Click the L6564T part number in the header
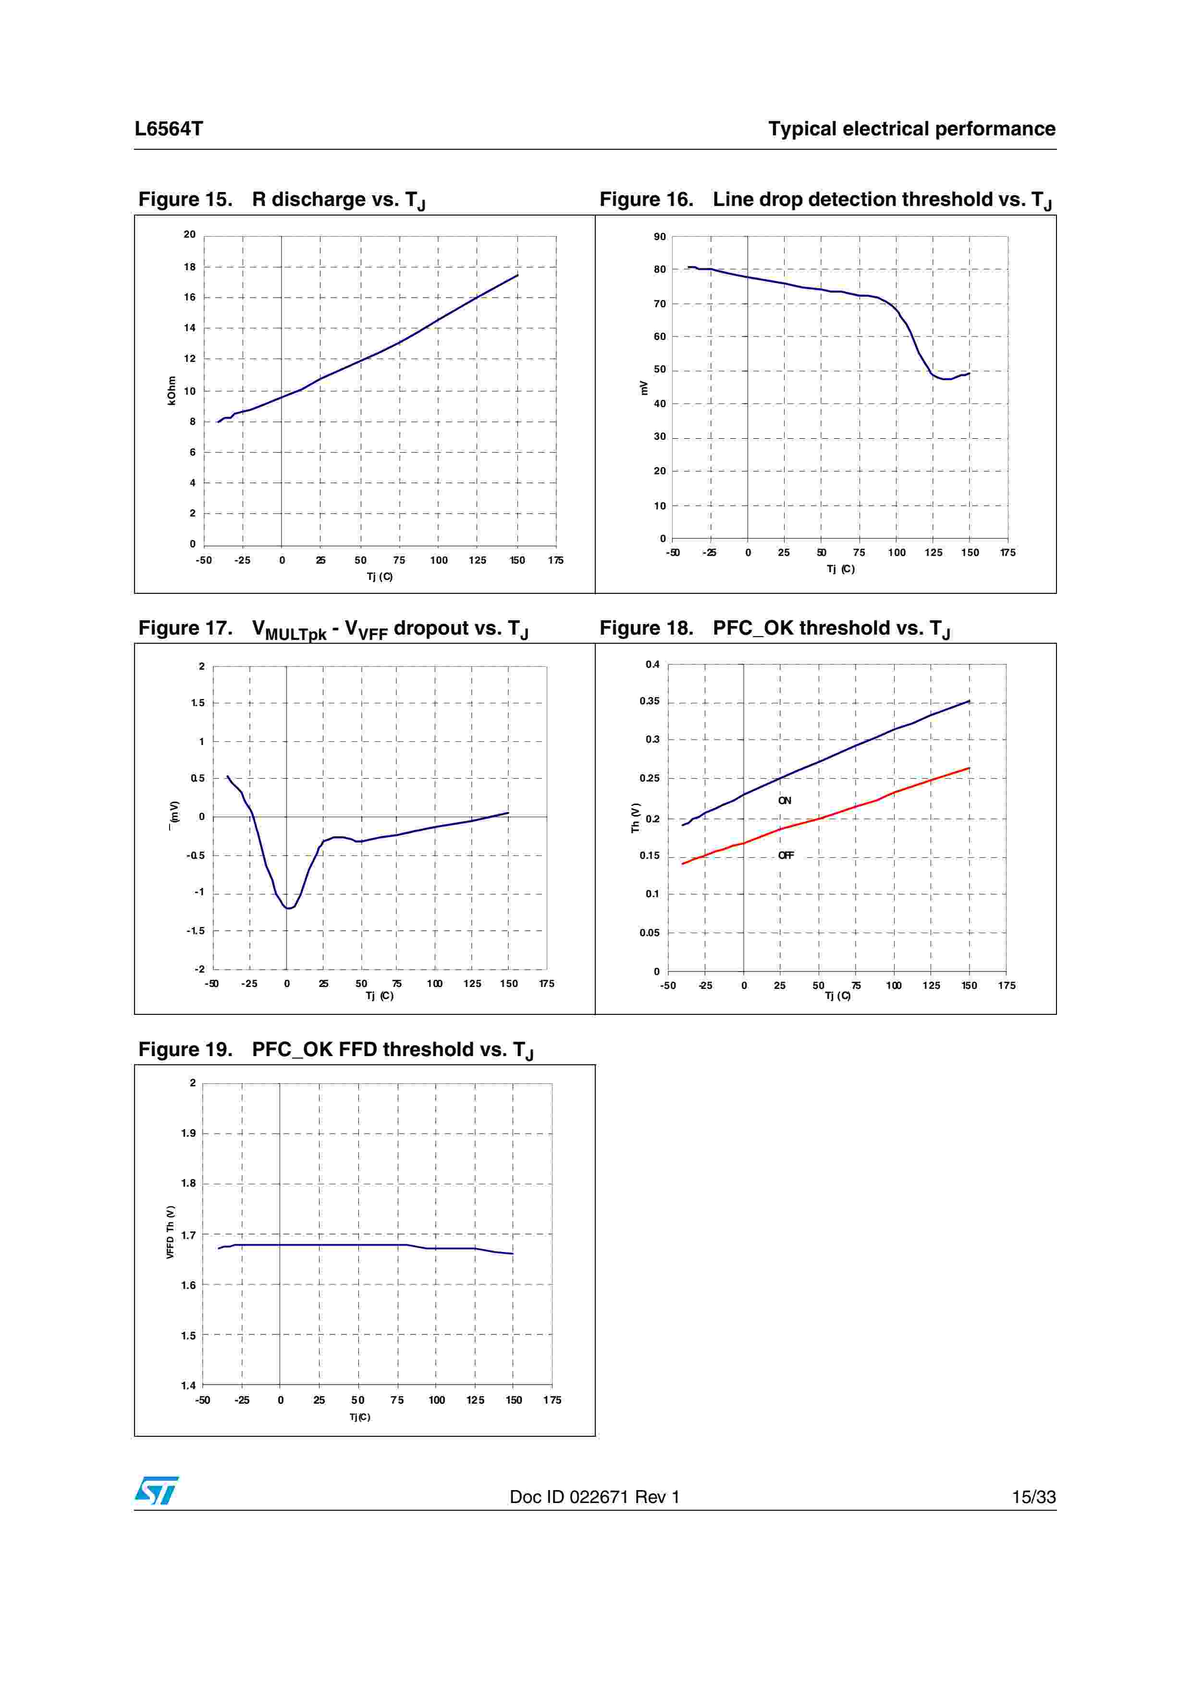[x=168, y=129]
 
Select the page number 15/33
[x=1033, y=1497]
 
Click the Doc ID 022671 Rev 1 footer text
[x=594, y=1497]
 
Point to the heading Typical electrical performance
[x=911, y=129]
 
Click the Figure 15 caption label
[x=185, y=200]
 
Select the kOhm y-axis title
[x=172, y=390]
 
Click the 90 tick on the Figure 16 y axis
[x=660, y=237]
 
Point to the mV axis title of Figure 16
[x=644, y=387]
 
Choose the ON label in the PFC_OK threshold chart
[x=785, y=800]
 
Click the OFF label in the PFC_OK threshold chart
[x=785, y=855]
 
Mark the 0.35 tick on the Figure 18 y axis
[x=650, y=701]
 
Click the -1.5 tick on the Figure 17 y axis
[x=195, y=931]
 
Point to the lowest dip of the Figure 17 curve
[x=289, y=908]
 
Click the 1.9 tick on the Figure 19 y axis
[x=189, y=1133]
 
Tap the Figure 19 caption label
[x=185, y=1049]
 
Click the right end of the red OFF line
[x=969, y=768]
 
